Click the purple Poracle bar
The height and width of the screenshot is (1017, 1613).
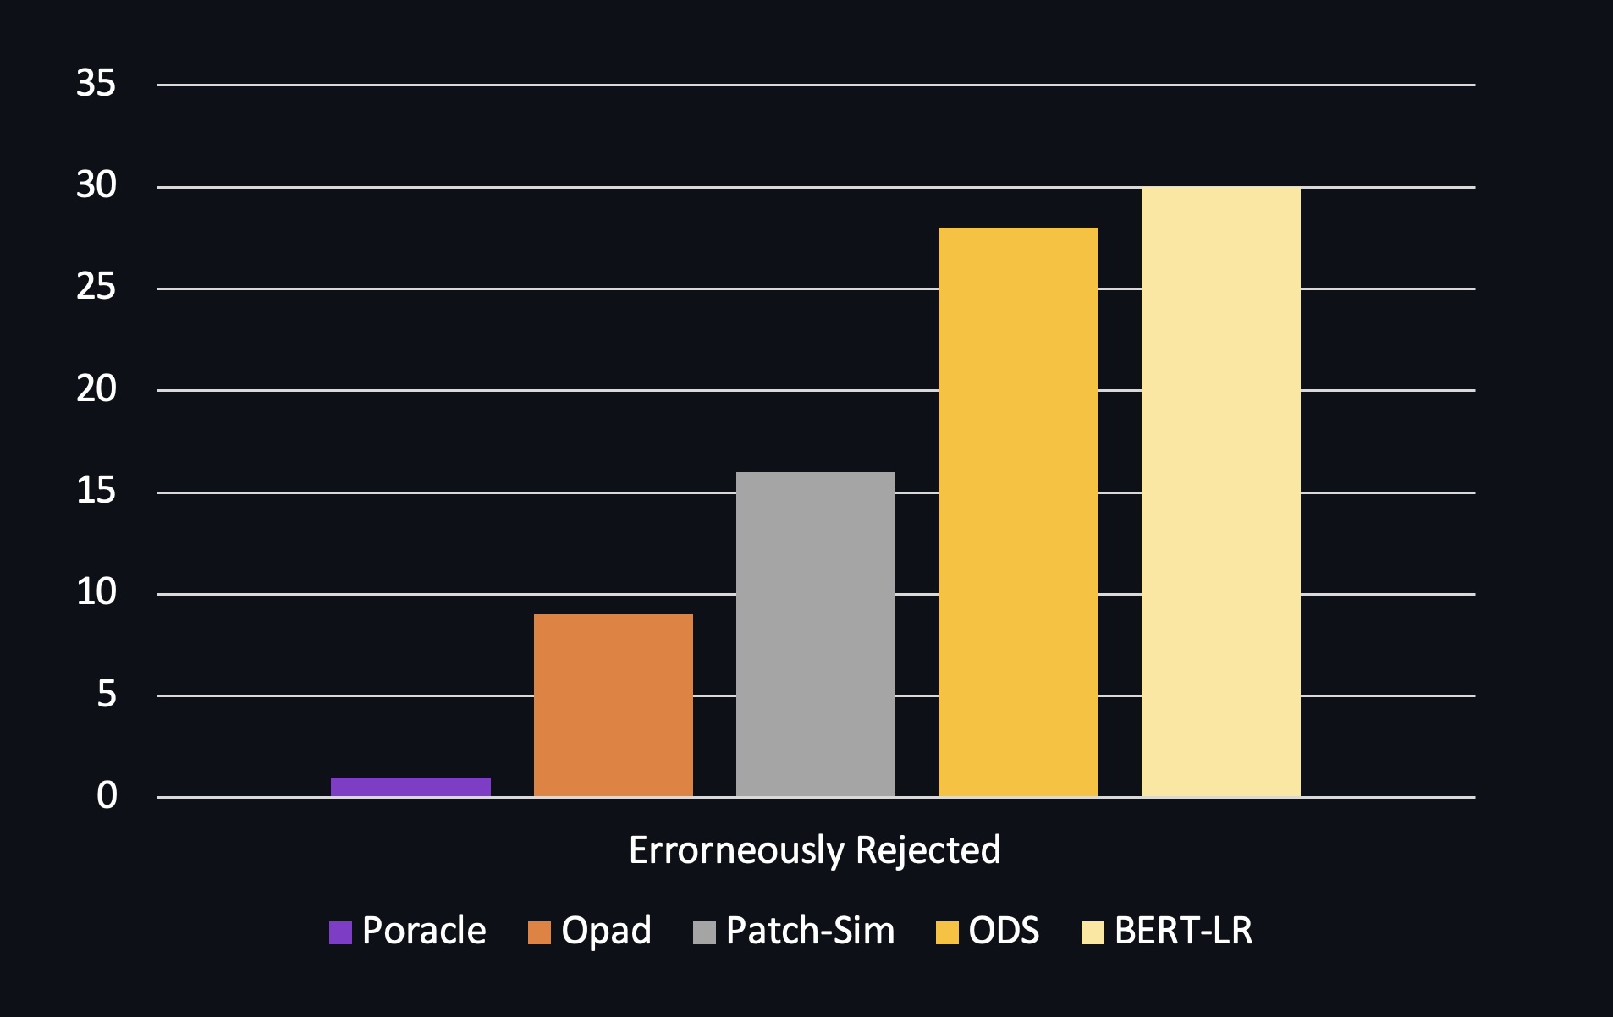tap(410, 787)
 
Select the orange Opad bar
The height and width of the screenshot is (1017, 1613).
tap(613, 705)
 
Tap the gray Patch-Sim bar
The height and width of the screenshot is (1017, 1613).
tap(815, 634)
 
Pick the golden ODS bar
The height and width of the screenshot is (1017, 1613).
tap(1018, 512)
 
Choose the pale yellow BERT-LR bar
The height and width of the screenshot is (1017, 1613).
tap(1220, 492)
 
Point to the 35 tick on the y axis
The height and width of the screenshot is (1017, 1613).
tap(96, 84)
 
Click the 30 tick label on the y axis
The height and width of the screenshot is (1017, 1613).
tap(96, 185)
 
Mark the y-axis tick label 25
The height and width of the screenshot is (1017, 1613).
tap(96, 288)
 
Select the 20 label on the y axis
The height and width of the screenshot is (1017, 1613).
tap(96, 389)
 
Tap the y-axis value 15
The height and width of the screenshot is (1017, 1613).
tap(96, 491)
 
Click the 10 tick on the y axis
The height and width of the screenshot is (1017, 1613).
tap(96, 592)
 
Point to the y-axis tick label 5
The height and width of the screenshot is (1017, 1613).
tap(106, 695)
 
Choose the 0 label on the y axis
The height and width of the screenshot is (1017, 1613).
tap(107, 796)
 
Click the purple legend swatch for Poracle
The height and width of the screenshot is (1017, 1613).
tap(340, 932)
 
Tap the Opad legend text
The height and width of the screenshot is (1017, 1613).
tap(606, 931)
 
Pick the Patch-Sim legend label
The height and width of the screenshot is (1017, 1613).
tap(810, 931)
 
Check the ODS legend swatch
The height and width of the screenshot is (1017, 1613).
tap(947, 932)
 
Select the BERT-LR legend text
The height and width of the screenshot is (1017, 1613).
tap(1183, 931)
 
